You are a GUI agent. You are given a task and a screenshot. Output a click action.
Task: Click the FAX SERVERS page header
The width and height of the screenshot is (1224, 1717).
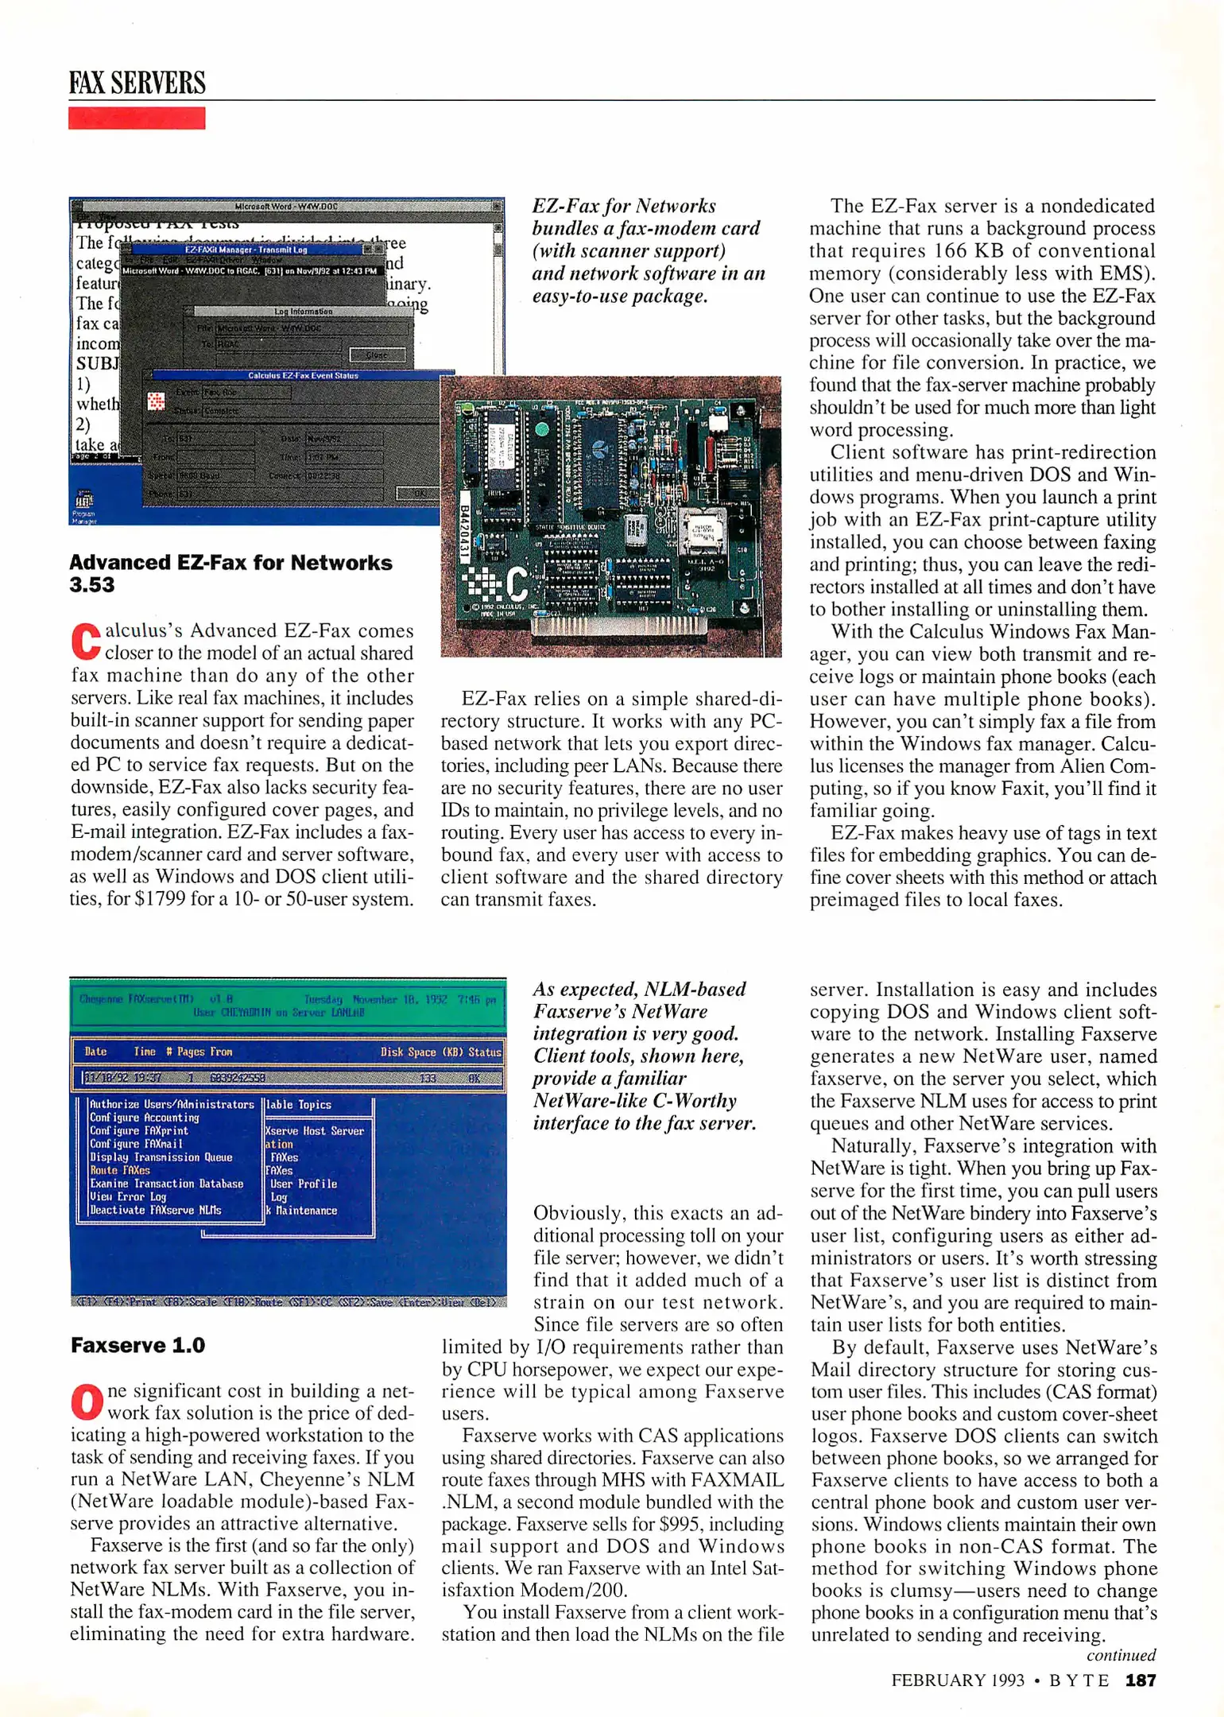point(137,83)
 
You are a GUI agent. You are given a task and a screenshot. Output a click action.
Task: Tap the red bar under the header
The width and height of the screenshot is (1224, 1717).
point(137,118)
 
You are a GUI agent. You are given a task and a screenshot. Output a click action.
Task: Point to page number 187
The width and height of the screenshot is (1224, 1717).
point(1141,1680)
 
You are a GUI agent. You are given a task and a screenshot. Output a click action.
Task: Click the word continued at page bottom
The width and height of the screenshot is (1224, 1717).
point(1121,1655)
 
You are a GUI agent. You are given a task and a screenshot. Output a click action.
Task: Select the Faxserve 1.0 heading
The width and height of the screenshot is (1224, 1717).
point(138,1345)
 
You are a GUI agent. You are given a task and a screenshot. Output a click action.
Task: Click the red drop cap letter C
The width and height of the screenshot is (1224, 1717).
point(86,642)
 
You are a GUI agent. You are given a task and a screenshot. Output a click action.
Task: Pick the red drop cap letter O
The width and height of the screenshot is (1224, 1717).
point(87,1403)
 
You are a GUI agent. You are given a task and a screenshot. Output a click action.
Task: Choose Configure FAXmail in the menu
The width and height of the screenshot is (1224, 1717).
point(136,1144)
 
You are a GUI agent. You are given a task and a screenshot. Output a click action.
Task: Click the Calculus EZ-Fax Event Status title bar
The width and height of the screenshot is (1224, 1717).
point(303,375)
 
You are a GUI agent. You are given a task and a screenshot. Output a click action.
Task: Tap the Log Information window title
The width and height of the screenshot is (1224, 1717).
point(303,312)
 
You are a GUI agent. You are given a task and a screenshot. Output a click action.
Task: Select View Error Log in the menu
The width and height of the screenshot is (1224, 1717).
point(128,1196)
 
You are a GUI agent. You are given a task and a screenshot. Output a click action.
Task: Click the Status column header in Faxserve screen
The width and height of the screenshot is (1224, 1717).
point(484,1052)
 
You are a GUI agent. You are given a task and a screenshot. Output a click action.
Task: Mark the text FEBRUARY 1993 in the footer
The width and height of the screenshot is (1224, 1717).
point(958,1680)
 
